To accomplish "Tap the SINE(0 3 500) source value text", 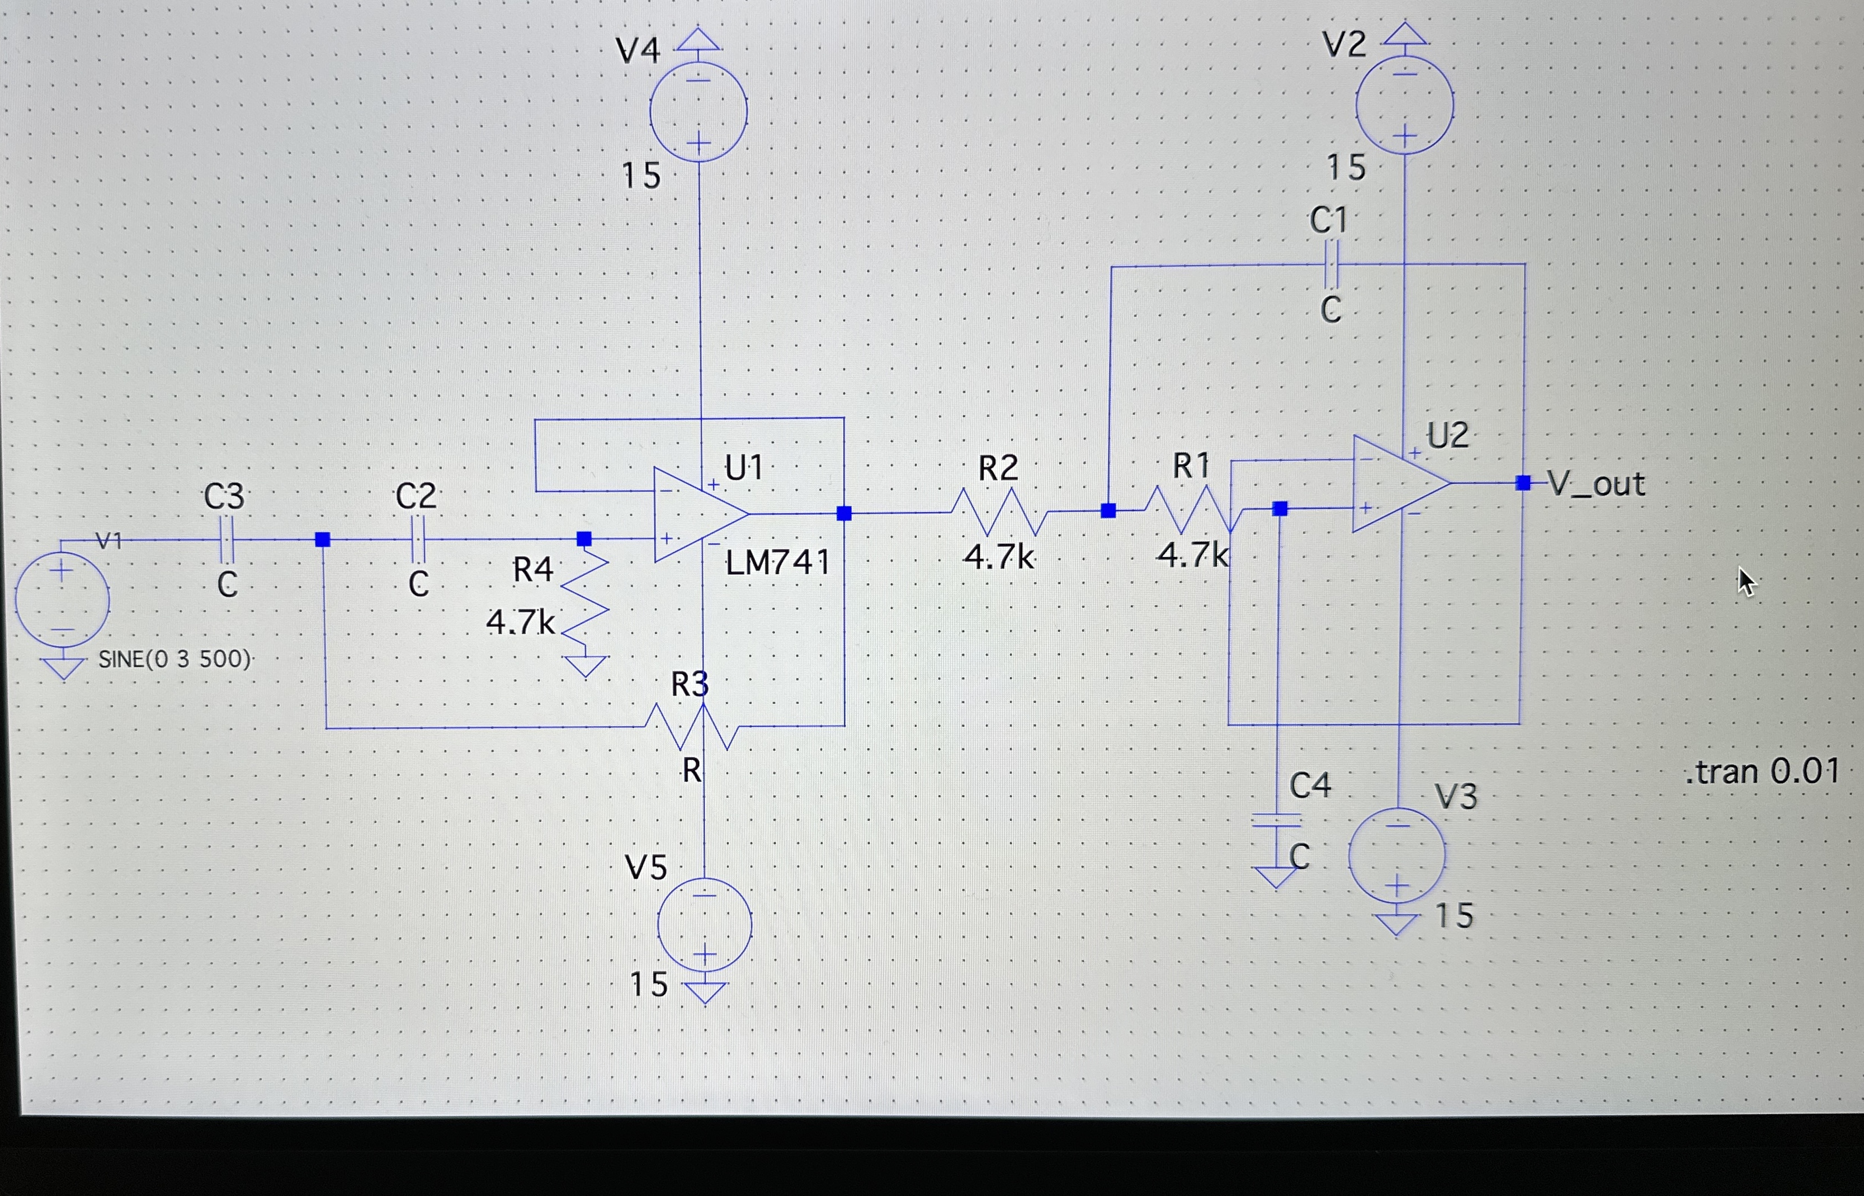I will pos(174,659).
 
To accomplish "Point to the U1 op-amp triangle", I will pos(696,514).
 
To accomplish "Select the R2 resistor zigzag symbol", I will pos(999,512).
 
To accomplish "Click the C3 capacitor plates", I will pos(226,539).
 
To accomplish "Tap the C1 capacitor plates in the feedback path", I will pos(1331,265).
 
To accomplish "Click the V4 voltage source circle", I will pos(698,112).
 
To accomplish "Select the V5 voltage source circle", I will pos(705,925).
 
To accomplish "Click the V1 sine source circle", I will pos(62,599).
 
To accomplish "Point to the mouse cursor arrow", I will pos(1745,580).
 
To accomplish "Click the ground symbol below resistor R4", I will pos(585,665).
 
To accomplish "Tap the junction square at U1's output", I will pos(844,513).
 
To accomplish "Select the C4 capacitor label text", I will pos(1310,786).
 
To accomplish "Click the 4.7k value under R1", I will pos(1191,555).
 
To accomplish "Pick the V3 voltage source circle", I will pos(1396,855).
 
